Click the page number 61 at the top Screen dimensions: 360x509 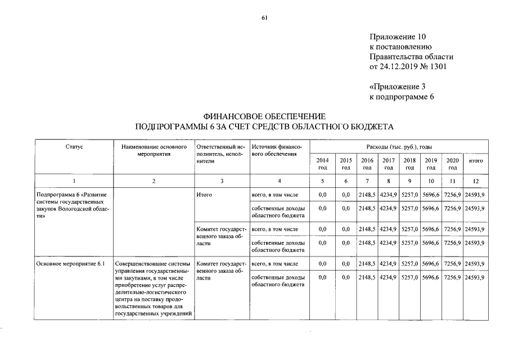(264, 18)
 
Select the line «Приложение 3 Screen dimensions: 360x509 (398, 87)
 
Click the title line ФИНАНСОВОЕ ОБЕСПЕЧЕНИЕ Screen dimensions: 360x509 (264, 115)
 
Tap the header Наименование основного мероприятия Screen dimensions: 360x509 (154, 150)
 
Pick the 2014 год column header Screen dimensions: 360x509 (322, 164)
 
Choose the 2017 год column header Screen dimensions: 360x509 (388, 164)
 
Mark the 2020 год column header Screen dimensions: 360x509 (452, 164)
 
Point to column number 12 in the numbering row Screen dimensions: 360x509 (476, 181)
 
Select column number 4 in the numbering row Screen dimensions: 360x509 (279, 181)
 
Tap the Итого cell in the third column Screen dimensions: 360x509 (204, 195)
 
